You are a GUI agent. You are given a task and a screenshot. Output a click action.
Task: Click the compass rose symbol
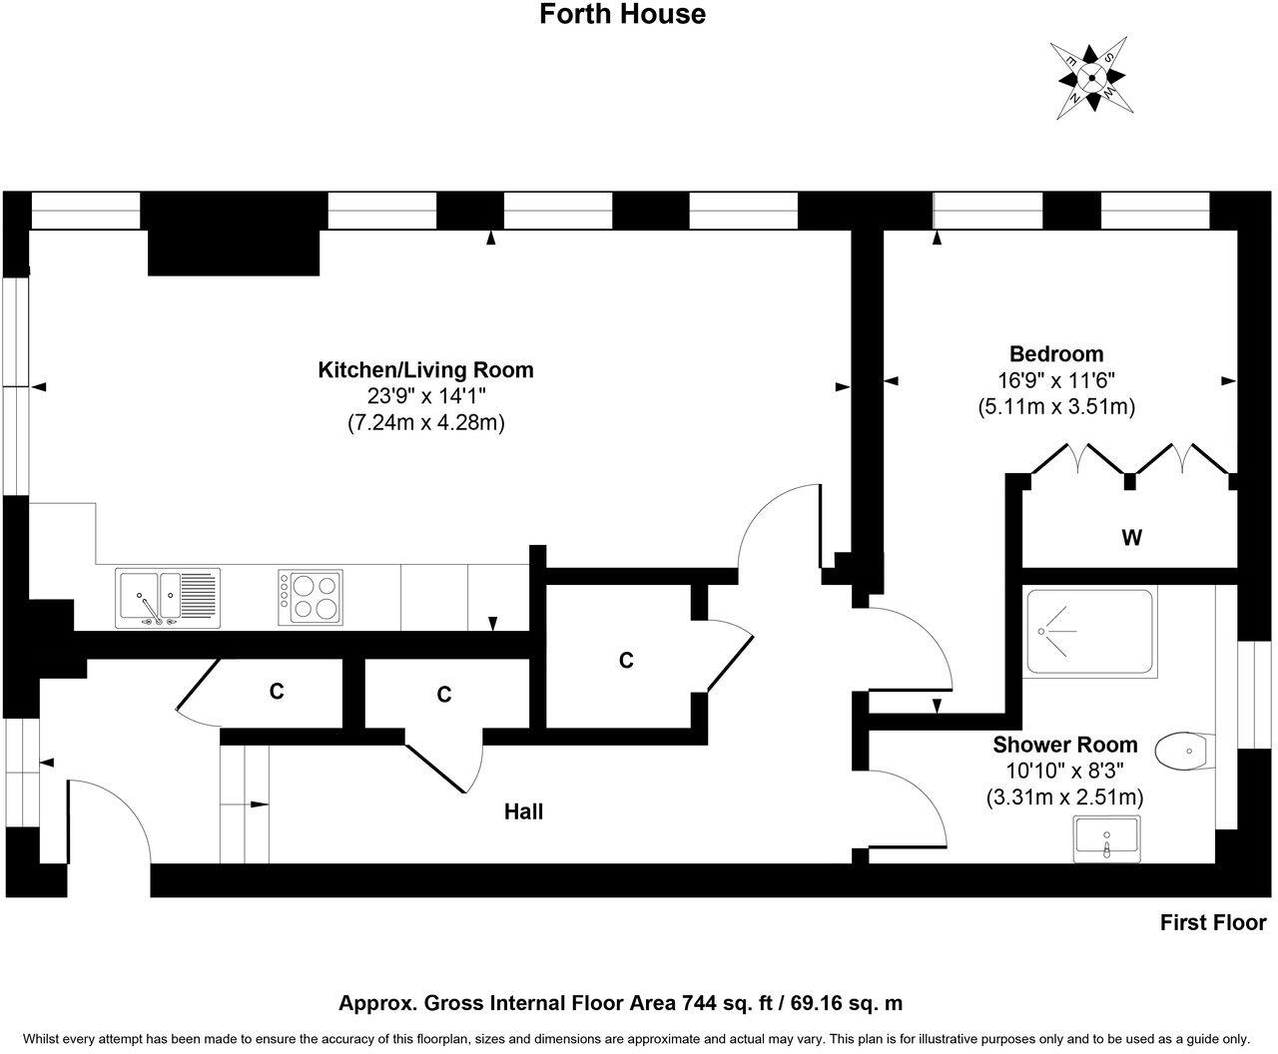point(1092,77)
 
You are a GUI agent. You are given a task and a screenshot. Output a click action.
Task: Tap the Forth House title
point(623,15)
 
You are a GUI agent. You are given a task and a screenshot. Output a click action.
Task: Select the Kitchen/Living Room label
point(425,370)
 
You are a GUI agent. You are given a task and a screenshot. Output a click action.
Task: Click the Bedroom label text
point(1056,354)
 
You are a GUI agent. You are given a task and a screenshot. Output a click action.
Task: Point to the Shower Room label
point(1064,745)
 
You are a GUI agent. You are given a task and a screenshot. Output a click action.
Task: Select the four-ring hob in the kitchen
point(311,597)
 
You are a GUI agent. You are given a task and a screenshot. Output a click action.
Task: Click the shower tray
point(1088,633)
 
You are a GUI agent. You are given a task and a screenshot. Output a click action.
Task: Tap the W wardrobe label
point(1131,539)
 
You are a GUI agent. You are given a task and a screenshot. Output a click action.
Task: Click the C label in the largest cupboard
point(626,661)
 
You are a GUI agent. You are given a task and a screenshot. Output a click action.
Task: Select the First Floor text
point(1212,923)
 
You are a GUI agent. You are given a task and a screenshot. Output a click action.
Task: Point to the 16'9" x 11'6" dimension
point(1056,380)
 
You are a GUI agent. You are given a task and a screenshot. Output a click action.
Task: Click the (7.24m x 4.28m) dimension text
point(425,423)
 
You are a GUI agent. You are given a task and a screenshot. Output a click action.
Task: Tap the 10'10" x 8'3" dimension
point(1064,772)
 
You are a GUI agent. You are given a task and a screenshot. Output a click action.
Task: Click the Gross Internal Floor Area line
point(621,1003)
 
